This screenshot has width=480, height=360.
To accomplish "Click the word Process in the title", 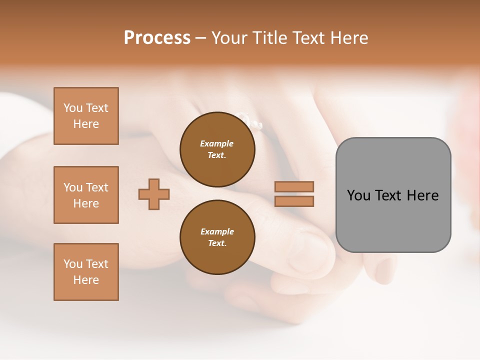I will [157, 38].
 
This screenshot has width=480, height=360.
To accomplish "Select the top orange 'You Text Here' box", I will [86, 116].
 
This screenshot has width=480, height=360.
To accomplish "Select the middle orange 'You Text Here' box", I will [86, 195].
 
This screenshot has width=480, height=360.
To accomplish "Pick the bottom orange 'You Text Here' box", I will [86, 272].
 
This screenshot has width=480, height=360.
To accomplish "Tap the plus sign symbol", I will [154, 194].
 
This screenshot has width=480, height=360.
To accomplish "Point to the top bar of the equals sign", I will [294, 186].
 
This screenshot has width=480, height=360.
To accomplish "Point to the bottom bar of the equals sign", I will [294, 201].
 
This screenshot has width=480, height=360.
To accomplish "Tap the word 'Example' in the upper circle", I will [216, 143].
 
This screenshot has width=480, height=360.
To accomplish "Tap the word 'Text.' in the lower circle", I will [217, 243].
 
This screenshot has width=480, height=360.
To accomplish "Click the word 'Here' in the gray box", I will [422, 195].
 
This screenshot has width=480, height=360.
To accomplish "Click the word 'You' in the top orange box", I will [73, 108].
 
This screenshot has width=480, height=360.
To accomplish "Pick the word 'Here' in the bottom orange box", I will [86, 280].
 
